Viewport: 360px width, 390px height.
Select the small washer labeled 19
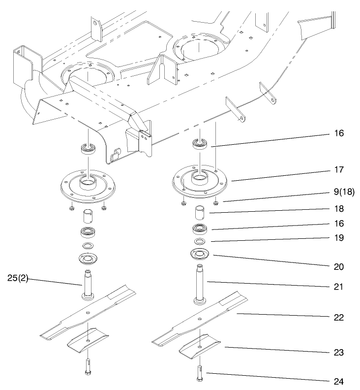pyautogui.click(x=199, y=242)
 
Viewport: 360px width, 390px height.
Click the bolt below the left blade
pyautogui.click(x=88, y=365)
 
